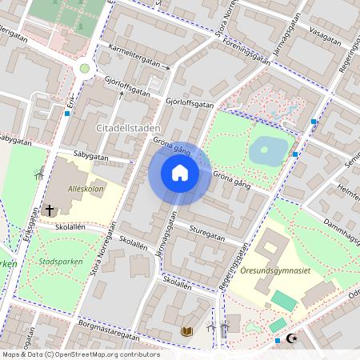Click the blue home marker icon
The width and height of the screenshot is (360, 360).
(179, 173)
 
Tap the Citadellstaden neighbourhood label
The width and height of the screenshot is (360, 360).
(128, 128)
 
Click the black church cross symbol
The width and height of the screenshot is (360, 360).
(50, 210)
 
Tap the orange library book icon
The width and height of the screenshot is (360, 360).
(187, 330)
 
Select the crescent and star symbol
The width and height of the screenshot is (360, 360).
(290, 339)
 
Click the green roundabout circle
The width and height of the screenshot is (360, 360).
(84, 69)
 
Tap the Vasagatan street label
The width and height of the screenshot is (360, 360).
(325, 35)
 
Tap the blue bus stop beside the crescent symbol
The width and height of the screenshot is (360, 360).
(278, 341)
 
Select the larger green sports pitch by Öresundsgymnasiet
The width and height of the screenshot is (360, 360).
(282, 301)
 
